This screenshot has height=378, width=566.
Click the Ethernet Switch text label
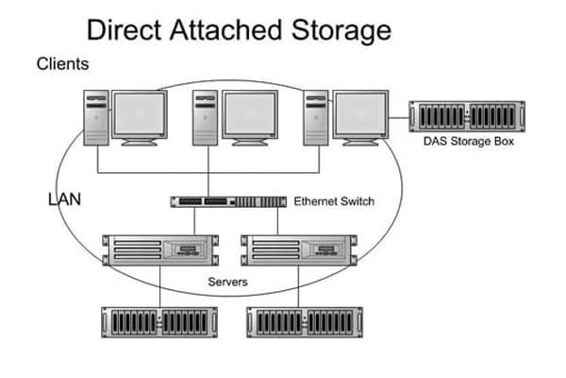pyautogui.click(x=335, y=201)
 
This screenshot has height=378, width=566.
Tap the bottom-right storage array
pyautogui.click(x=301, y=321)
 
